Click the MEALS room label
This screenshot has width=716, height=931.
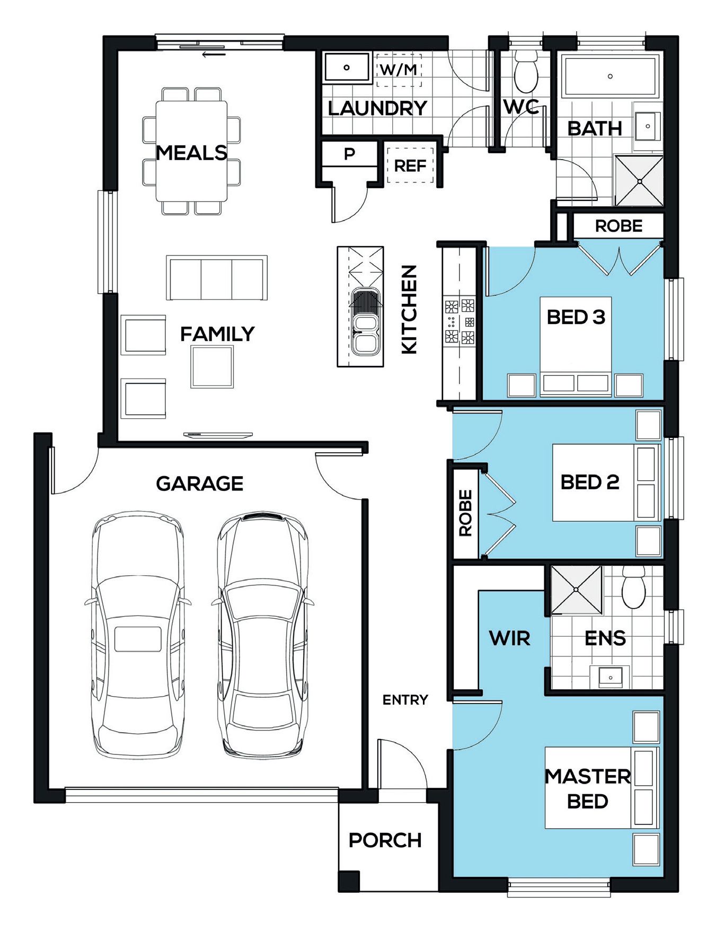191,153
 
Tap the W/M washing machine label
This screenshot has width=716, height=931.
399,69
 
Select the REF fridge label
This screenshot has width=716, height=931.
410,166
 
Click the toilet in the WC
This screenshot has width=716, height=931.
526,72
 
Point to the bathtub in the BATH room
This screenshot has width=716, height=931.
610,76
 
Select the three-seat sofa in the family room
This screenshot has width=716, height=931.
217,278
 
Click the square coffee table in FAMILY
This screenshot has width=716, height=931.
212,366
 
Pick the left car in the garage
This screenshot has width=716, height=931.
138,635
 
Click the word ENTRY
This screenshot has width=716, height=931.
405,700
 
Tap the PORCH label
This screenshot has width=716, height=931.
385,840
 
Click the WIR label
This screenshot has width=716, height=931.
509,638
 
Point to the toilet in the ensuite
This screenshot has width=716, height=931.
632,587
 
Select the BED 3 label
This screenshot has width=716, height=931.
576,317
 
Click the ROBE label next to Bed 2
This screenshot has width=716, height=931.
465,513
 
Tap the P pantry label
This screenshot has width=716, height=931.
349,154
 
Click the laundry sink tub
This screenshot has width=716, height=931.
347,67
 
